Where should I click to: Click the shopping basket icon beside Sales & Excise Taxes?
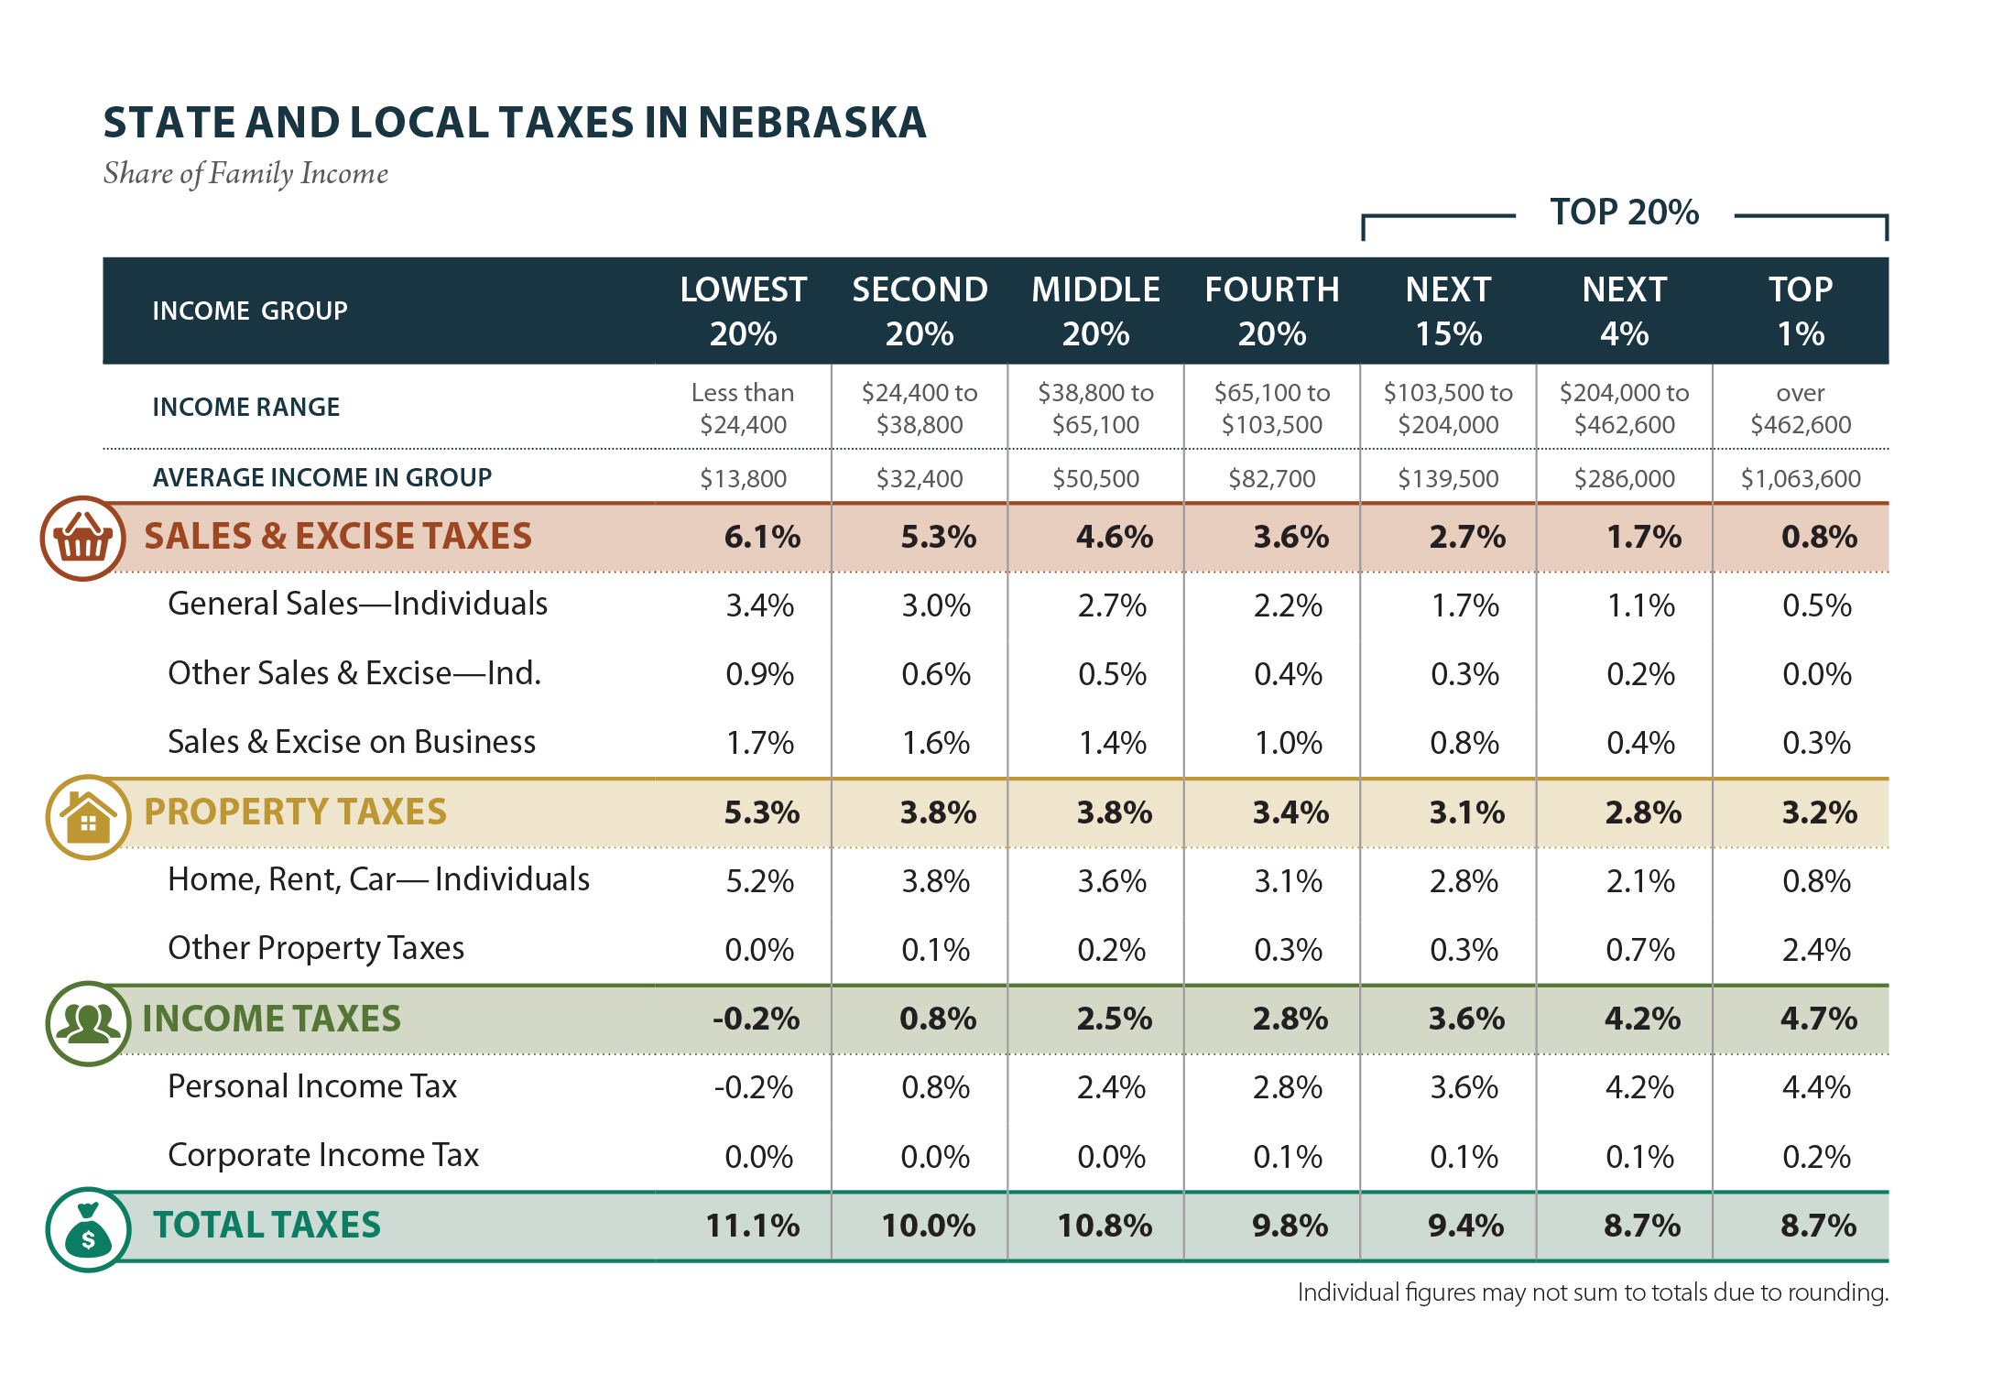[82, 539]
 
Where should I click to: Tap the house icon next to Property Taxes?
[88, 817]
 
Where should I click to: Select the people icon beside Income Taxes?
[88, 1023]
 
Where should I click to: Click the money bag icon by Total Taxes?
[88, 1229]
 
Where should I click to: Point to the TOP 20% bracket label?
[1624, 213]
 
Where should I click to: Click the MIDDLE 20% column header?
[1095, 311]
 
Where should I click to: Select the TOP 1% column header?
[1800, 311]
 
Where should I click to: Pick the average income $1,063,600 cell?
[1800, 478]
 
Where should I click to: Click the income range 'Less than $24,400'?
[743, 409]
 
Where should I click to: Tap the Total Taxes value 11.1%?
[752, 1226]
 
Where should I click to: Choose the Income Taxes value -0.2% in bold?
[756, 1019]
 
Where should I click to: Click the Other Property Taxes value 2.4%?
[1816, 950]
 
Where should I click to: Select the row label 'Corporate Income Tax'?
[323, 1155]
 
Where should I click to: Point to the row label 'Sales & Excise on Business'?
[352, 742]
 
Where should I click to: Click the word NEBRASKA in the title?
[812, 123]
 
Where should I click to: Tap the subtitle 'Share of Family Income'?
[245, 173]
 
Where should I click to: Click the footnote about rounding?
[1592, 1292]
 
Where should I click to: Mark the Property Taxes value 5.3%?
[761, 812]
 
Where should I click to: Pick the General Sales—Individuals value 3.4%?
[759, 605]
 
